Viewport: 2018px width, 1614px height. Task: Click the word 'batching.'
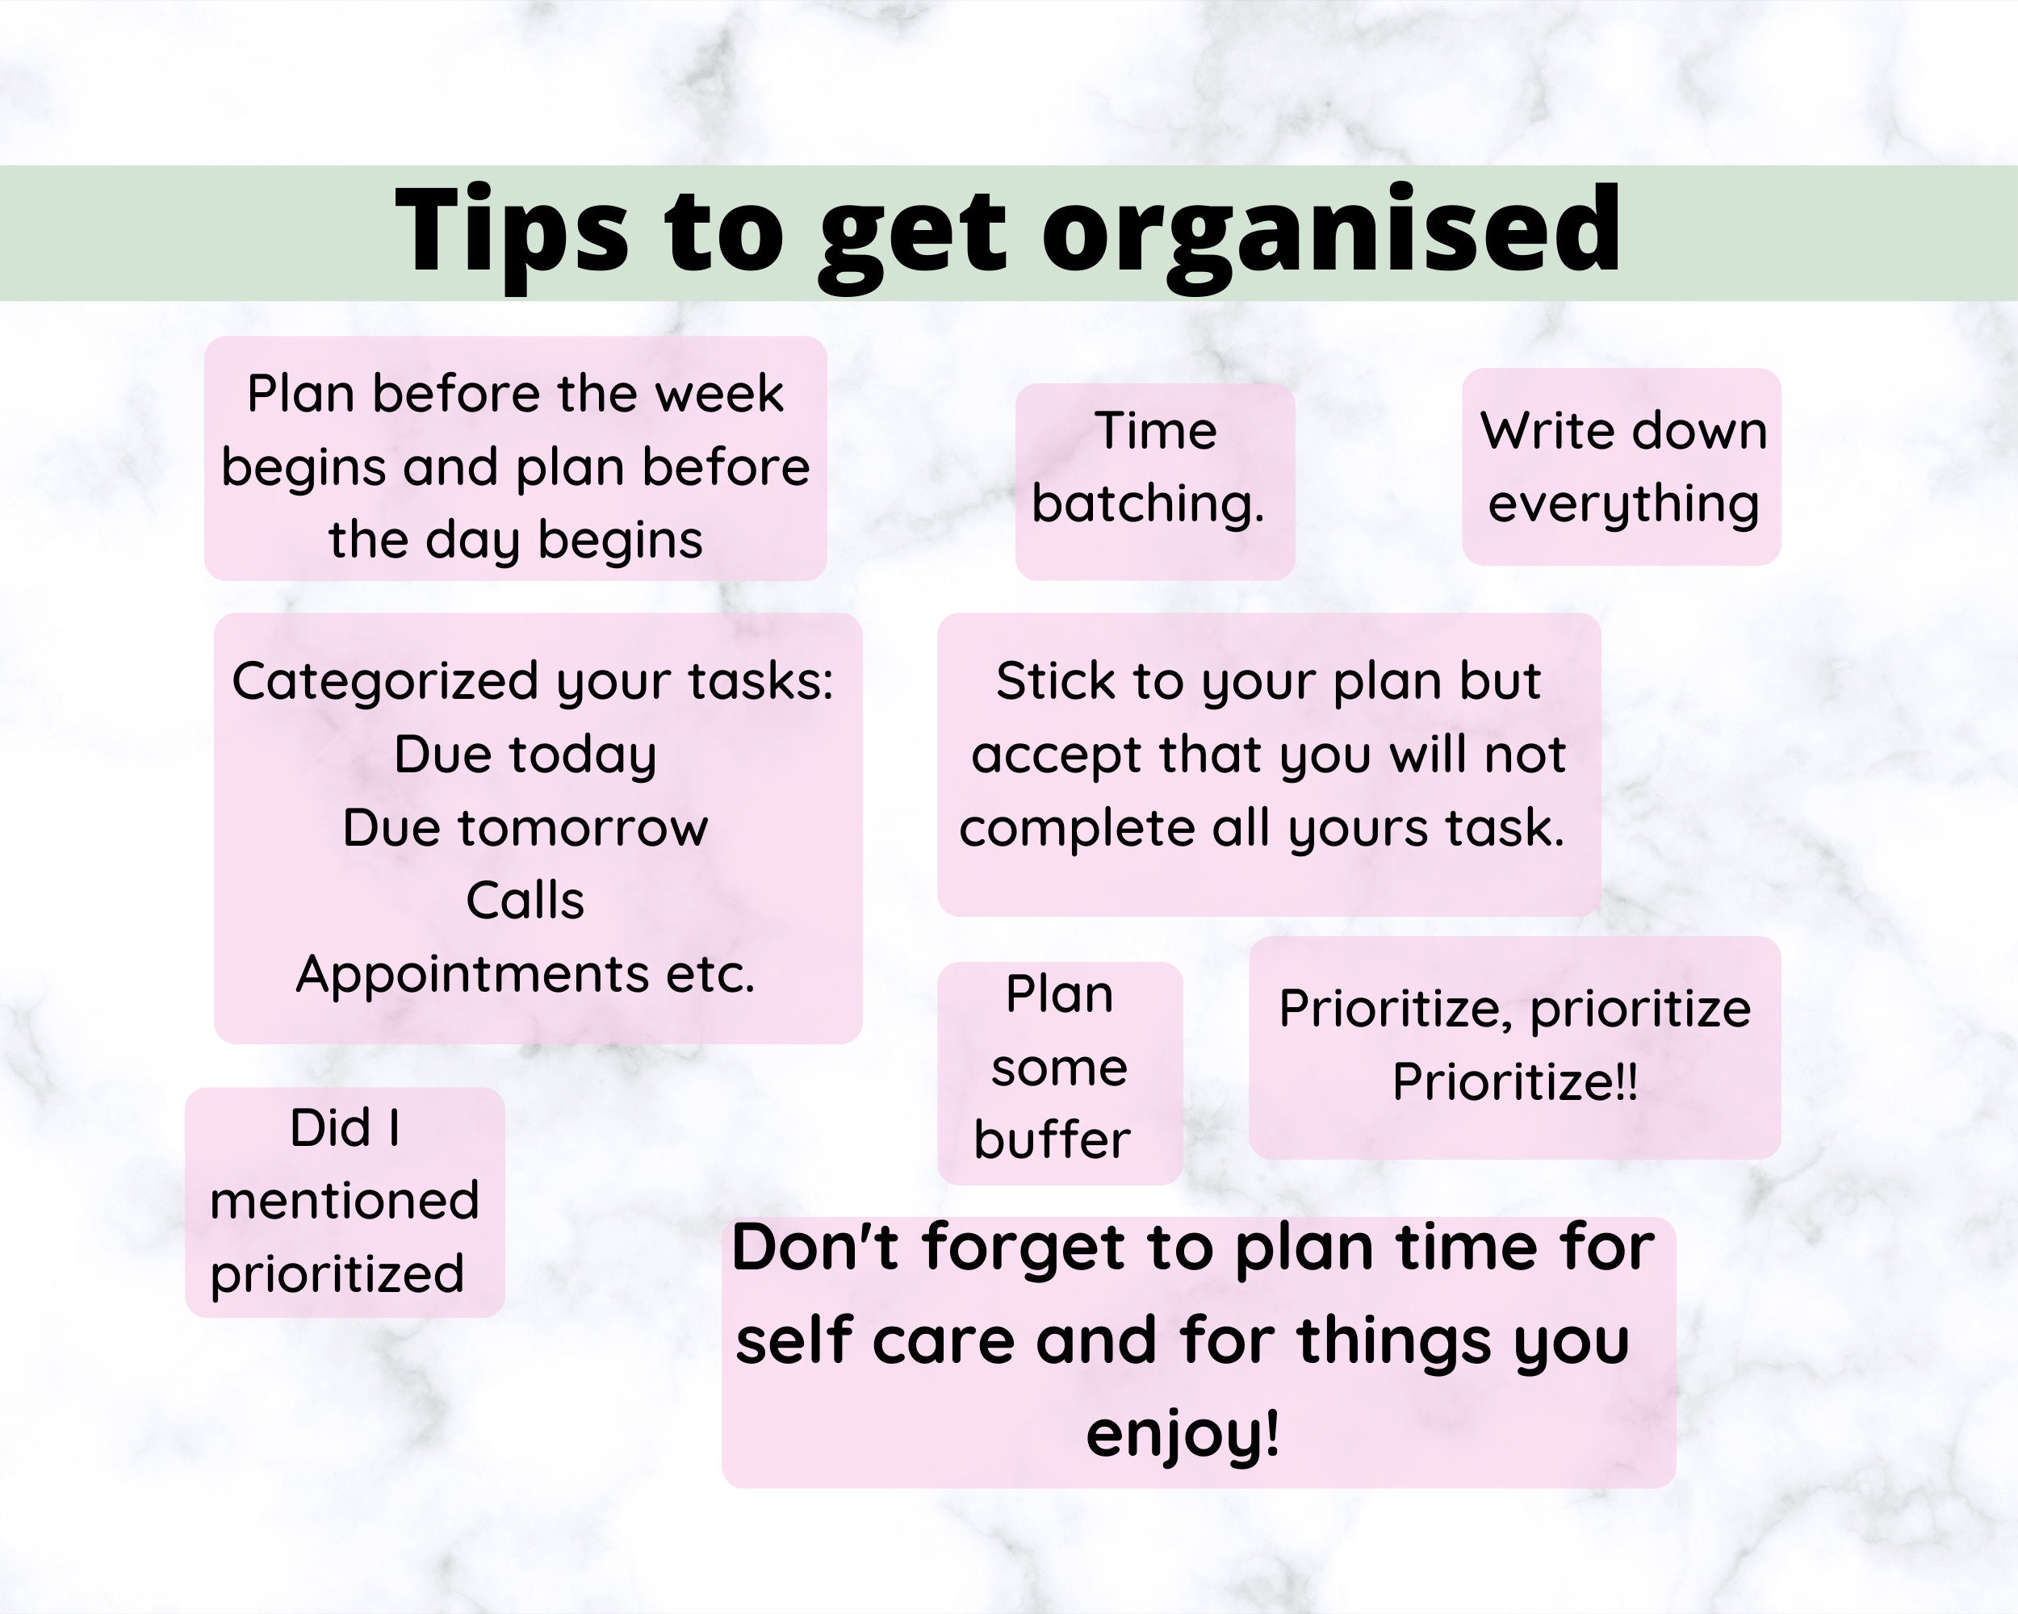[1149, 504]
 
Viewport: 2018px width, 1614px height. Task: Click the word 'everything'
[1624, 504]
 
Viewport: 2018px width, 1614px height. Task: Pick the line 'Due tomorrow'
[525, 828]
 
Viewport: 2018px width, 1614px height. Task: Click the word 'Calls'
[525, 901]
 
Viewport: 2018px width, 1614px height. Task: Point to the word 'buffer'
[1052, 1140]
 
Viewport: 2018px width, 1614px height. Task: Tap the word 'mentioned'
[345, 1201]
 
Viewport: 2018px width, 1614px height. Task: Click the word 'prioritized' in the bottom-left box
[337, 1274]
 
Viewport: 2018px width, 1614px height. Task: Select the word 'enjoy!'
[1183, 1432]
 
